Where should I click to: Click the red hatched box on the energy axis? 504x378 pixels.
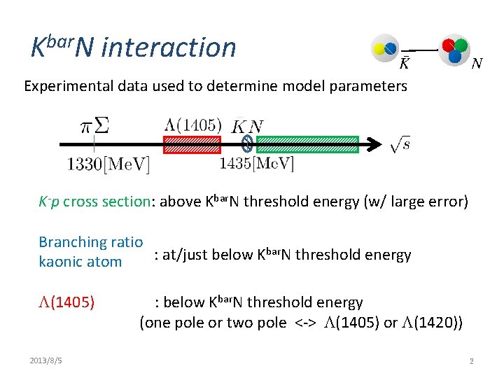[x=191, y=144]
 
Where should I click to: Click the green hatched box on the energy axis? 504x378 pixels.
[x=307, y=144]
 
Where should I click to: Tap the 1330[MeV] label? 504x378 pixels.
[x=108, y=164]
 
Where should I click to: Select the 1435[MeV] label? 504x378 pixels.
[x=256, y=164]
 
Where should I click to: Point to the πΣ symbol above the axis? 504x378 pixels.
[x=95, y=127]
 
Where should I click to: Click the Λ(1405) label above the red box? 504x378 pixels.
[x=192, y=125]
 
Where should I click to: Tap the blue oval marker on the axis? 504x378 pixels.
[x=246, y=144]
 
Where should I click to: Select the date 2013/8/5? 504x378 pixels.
[x=46, y=360]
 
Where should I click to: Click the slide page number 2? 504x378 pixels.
[x=472, y=360]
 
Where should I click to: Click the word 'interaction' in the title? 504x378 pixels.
[x=169, y=48]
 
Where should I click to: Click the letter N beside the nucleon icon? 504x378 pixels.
[x=476, y=64]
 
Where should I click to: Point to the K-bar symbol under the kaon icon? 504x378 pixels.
[x=404, y=64]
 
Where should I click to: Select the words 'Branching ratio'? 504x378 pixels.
[x=91, y=242]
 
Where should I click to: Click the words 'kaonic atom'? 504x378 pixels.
[x=80, y=262]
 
